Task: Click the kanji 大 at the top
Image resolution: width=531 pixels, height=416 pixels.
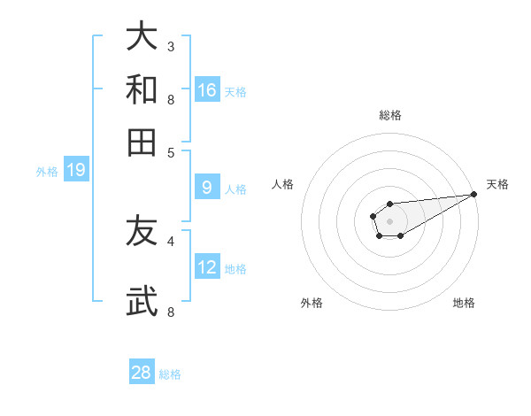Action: [x=142, y=37]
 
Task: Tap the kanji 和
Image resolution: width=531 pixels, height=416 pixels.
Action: [x=142, y=89]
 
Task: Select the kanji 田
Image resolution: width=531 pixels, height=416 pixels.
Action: [x=142, y=141]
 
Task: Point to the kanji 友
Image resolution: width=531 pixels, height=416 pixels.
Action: [x=142, y=231]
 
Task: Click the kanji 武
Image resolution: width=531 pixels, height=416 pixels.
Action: [x=142, y=301]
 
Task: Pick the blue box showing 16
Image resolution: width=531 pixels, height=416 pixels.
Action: [x=207, y=90]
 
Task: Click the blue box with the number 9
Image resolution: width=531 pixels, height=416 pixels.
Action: [x=207, y=188]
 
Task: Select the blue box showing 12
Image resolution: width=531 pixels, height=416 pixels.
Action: [x=207, y=267]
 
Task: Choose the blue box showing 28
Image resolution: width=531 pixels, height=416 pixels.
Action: [x=142, y=373]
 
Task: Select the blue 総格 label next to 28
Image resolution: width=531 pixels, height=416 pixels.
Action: [x=170, y=374]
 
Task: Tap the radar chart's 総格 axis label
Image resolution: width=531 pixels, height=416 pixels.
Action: [x=389, y=115]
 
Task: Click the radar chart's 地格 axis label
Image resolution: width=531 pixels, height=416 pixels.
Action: [x=464, y=303]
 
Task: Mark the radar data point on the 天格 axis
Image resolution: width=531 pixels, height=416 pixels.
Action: [x=473, y=194]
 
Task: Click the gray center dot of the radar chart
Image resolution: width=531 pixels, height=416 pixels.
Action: [x=389, y=220]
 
